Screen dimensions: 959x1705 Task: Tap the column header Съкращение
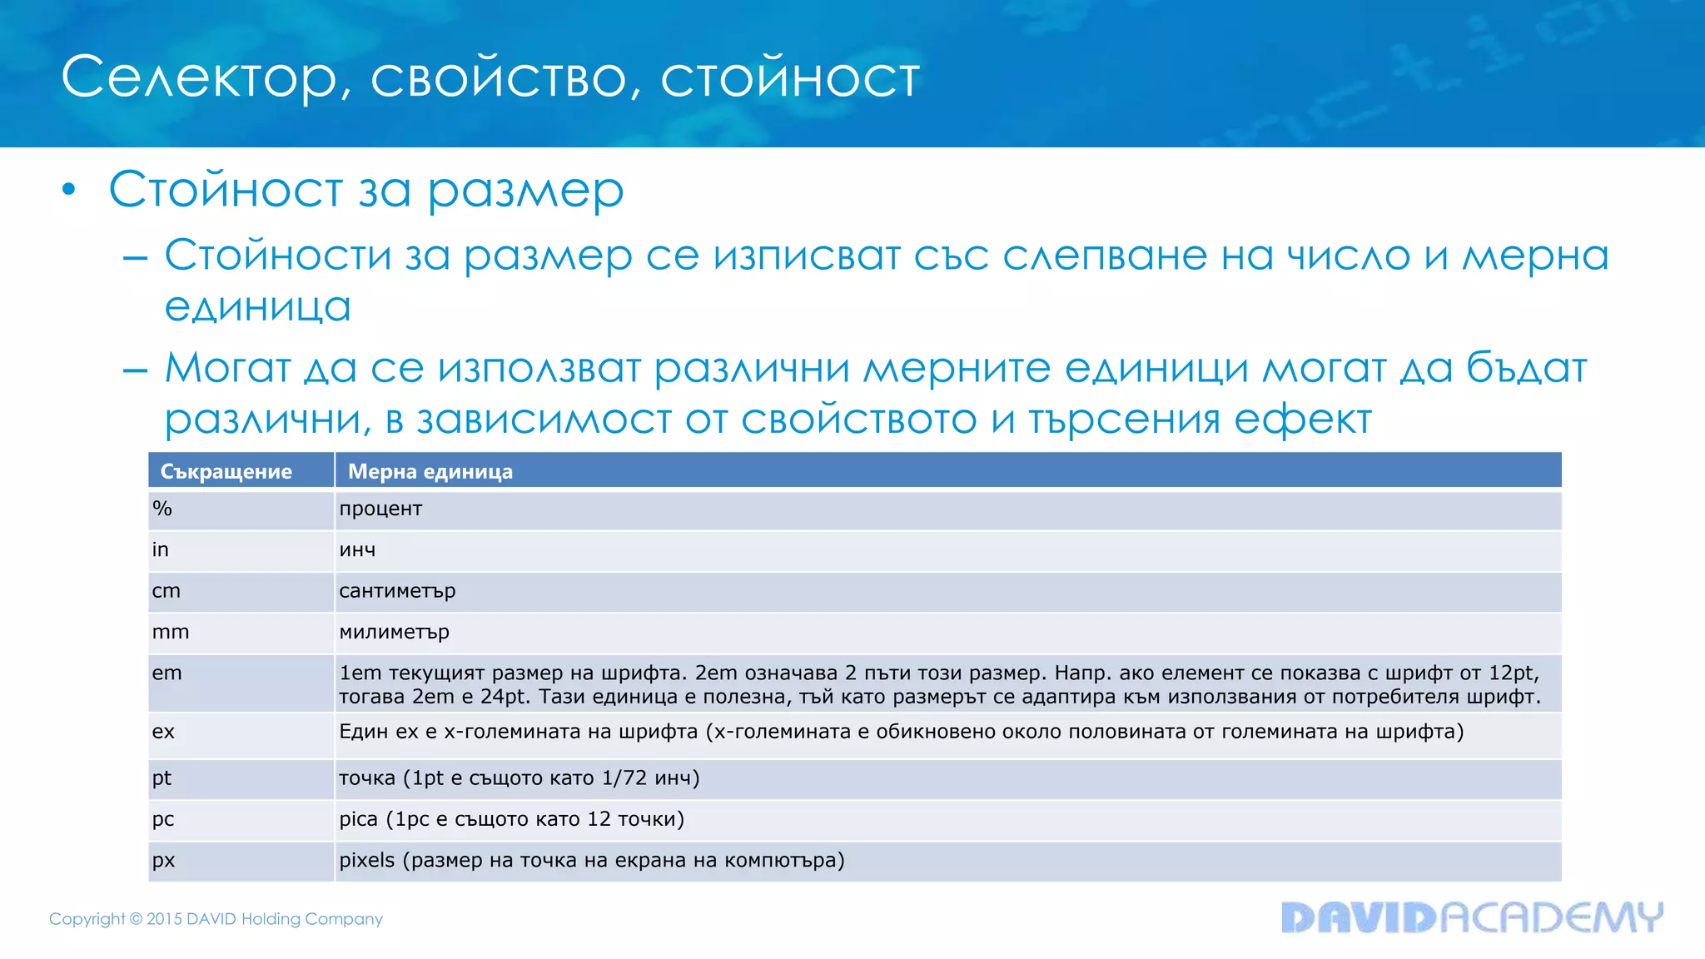(x=226, y=471)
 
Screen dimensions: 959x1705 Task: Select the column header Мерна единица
(x=430, y=471)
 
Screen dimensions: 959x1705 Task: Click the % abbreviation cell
(x=162, y=509)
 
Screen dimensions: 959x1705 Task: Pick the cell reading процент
(x=380, y=509)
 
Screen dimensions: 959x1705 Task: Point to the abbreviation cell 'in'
(x=161, y=549)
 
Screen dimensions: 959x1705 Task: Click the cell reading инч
(x=357, y=550)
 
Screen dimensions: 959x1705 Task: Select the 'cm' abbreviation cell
(x=166, y=591)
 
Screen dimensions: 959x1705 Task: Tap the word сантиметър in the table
(x=397, y=591)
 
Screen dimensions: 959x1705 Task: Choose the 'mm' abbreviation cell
(x=171, y=632)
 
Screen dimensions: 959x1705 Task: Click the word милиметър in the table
(x=394, y=632)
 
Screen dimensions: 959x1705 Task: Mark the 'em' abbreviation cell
(x=167, y=673)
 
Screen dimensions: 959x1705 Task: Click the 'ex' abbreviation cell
(x=163, y=732)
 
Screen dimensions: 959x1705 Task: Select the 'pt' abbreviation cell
(x=162, y=778)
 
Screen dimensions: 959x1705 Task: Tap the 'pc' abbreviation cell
(x=163, y=819)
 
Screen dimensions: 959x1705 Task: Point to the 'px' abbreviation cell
(x=163, y=860)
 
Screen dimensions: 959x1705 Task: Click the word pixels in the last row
(x=366, y=860)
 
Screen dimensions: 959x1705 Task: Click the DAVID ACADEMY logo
(x=1471, y=917)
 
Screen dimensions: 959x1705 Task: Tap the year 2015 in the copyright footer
(x=164, y=919)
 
